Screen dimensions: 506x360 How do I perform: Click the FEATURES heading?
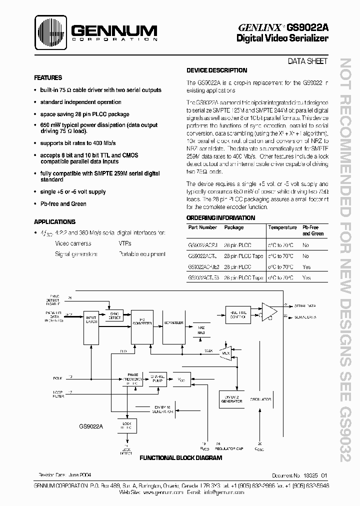point(48,78)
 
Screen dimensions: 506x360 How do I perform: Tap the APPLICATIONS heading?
point(55,221)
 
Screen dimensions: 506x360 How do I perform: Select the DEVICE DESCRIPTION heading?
point(216,70)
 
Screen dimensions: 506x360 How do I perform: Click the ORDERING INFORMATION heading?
point(220,218)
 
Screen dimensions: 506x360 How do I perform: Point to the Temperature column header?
point(282,227)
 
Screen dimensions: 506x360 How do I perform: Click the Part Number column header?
point(202,227)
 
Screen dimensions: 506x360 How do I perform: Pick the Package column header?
point(234,227)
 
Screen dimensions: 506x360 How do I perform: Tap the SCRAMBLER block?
point(173,323)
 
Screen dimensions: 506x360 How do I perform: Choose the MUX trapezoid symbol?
point(225,352)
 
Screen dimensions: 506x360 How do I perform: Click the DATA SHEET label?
point(307,61)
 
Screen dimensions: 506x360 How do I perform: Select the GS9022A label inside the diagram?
point(90,426)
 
